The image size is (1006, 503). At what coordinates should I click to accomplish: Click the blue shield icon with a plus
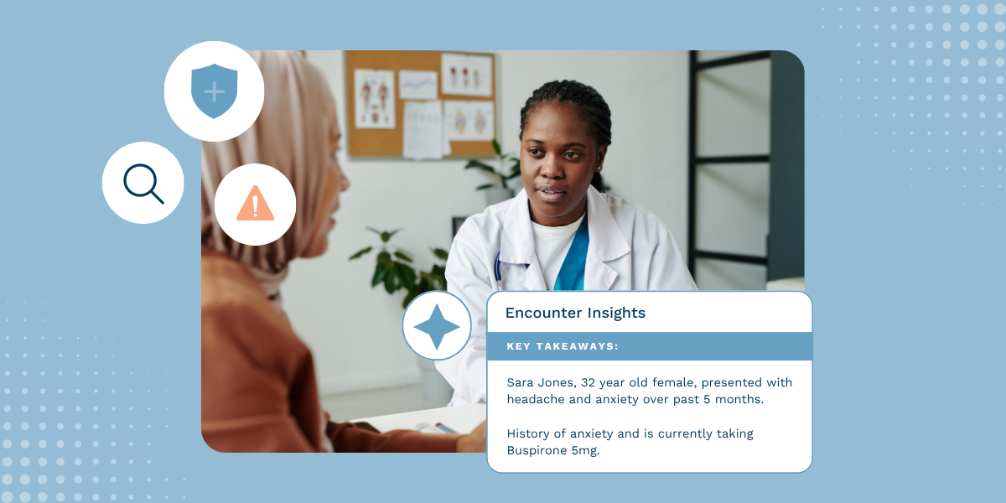pos(214,91)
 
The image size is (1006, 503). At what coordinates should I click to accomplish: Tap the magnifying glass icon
pos(143,183)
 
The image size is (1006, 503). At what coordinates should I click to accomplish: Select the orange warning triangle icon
pos(255,204)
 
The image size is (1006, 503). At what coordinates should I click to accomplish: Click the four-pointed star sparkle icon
pos(437,326)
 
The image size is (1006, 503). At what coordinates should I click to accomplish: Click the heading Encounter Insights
pos(575,313)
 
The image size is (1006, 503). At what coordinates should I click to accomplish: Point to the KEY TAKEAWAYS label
pos(562,346)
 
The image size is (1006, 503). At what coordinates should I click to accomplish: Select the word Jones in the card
pos(557,382)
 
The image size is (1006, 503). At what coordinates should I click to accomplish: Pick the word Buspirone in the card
pos(537,450)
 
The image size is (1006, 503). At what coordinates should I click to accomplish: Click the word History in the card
pos(528,433)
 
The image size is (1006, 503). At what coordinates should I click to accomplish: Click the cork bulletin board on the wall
pos(419,105)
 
